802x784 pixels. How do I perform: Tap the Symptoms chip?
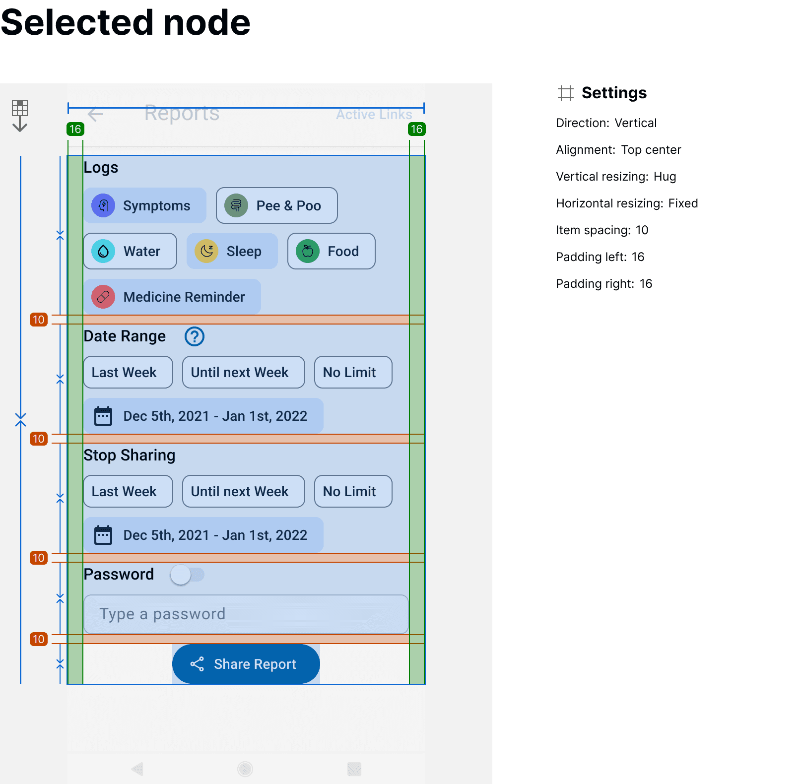coord(145,205)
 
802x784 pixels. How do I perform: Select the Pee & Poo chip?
coord(277,205)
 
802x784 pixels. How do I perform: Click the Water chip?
coord(130,251)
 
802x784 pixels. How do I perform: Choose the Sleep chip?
coord(232,251)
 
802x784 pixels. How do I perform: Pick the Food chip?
coord(332,251)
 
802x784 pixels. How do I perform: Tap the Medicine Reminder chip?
coord(172,297)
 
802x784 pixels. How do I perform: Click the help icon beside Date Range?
coord(195,336)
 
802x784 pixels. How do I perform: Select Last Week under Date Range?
coord(128,372)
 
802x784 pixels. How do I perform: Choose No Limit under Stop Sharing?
coord(353,491)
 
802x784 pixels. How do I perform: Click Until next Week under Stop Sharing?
coord(243,491)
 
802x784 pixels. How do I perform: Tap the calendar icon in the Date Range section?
coord(103,416)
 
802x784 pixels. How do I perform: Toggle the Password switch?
coord(187,575)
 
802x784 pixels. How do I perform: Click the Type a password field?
coord(246,614)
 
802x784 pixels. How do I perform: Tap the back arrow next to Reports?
coord(95,114)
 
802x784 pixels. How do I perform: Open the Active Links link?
coord(374,115)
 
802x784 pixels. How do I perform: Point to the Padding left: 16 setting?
coord(600,257)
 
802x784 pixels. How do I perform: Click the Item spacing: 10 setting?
coord(602,230)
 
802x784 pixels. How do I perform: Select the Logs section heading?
coord(101,168)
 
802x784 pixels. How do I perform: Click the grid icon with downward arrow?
coord(20,116)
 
